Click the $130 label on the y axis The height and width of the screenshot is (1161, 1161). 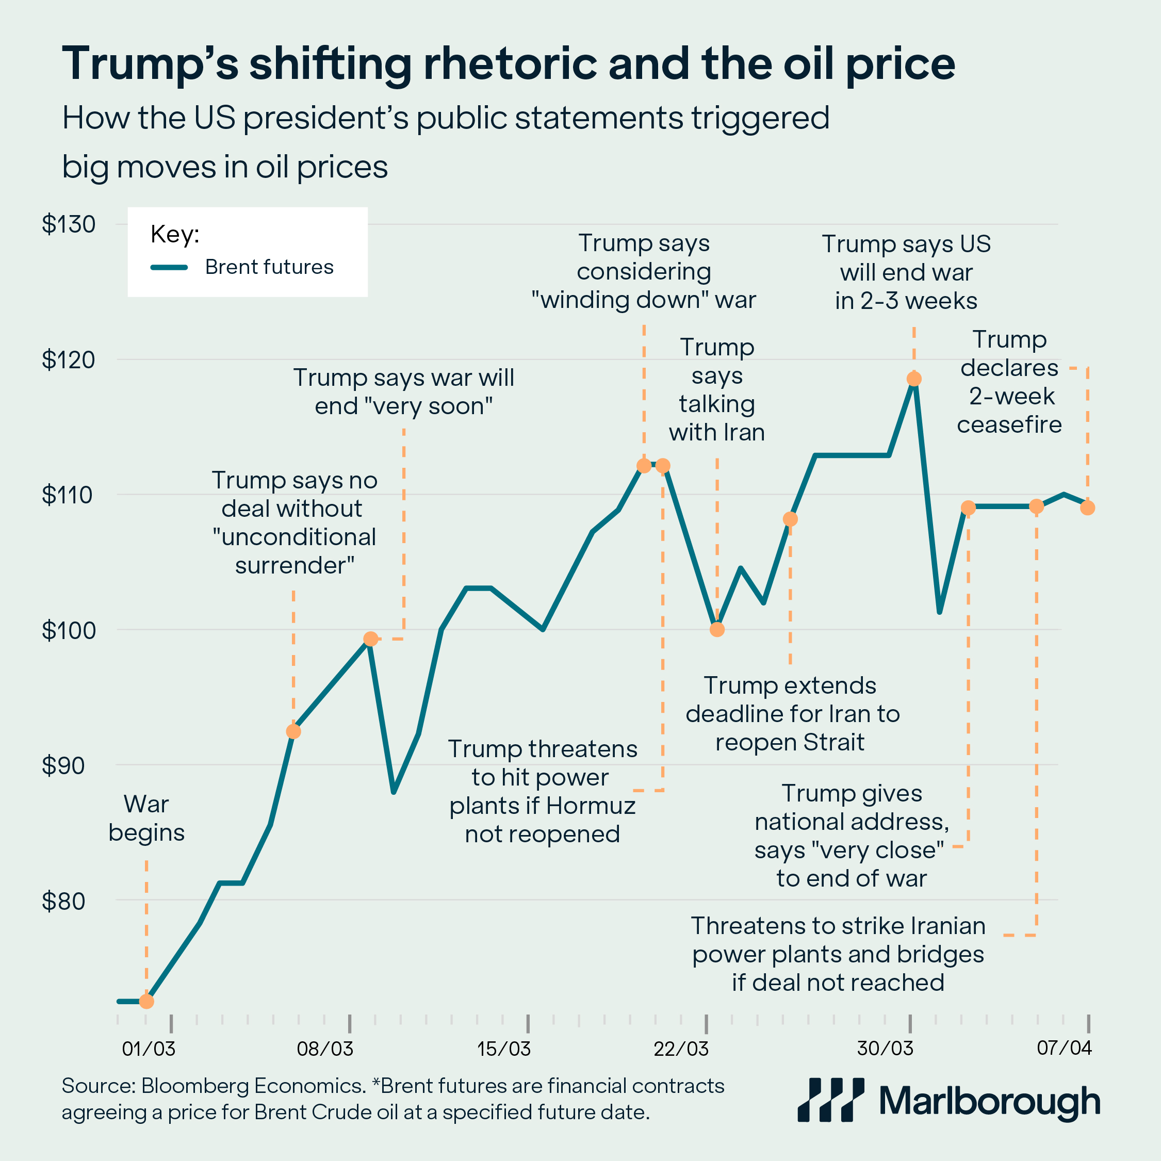[x=69, y=225]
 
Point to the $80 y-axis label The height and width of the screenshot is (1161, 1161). [x=69, y=902]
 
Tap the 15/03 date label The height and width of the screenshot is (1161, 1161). [x=503, y=1049]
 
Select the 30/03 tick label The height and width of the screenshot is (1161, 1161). [x=885, y=1049]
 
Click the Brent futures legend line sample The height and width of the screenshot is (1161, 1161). [x=170, y=267]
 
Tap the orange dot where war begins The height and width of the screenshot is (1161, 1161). [x=146, y=1002]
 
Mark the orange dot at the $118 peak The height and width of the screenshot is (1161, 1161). [x=914, y=379]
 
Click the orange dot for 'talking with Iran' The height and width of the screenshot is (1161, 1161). [x=717, y=630]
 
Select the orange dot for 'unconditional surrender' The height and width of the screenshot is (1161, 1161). [x=293, y=731]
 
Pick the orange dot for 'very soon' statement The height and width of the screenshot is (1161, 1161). [x=371, y=639]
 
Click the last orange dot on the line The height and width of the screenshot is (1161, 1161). [x=1087, y=508]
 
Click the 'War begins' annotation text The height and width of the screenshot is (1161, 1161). [x=146, y=819]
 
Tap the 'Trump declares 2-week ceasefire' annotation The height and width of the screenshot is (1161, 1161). [x=1009, y=382]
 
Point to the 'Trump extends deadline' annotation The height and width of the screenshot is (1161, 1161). [x=792, y=714]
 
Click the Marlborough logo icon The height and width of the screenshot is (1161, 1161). [x=830, y=1100]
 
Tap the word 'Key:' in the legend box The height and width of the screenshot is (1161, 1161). [x=175, y=234]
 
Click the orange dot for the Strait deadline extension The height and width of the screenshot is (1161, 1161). [x=790, y=518]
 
